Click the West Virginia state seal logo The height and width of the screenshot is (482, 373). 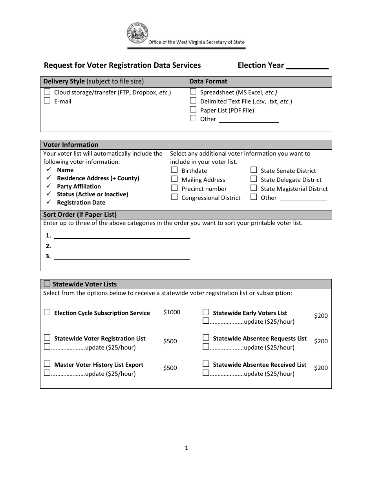137,34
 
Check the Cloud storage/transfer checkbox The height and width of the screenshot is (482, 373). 47,92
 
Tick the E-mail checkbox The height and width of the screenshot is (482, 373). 47,101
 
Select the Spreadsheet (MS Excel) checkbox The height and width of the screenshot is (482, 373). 193,92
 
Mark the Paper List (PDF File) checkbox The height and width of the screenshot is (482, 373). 193,110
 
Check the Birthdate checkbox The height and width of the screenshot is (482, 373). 174,170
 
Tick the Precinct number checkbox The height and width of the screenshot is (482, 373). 174,188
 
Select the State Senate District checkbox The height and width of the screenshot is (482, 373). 254,170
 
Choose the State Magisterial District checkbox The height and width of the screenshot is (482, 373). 254,188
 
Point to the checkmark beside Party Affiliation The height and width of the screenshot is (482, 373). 49,186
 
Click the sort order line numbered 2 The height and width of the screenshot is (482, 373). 122,246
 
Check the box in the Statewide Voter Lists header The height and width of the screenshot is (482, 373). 47,284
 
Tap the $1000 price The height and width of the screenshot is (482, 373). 172,312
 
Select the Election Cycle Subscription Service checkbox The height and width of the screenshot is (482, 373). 47,312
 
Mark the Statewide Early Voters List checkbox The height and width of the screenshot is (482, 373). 206,312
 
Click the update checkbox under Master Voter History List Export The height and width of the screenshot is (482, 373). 47,373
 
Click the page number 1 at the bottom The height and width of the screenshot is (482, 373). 186,448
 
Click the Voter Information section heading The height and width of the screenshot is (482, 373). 71,145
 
